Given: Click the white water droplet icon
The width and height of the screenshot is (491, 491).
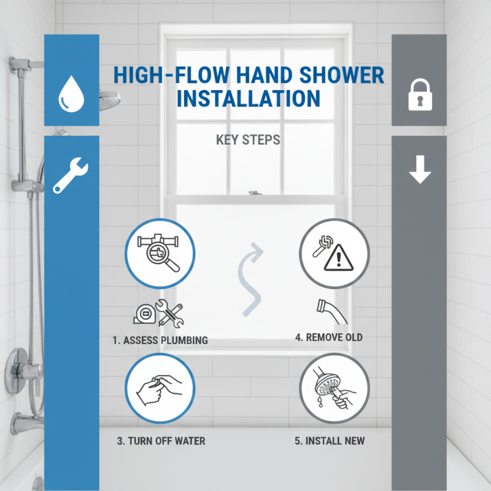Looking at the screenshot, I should coord(71,93).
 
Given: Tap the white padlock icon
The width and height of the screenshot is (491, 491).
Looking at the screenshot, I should coord(420,95).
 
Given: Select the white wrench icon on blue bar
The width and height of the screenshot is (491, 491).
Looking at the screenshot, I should coord(71,174).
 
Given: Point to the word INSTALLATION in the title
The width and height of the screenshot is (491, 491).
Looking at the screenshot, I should coord(249,98).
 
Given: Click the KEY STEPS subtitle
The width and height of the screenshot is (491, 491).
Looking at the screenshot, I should coord(248,140).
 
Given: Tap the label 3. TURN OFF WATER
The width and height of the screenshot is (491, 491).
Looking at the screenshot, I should coord(161,441).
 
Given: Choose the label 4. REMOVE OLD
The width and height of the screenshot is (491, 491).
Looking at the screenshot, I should coord(329,337).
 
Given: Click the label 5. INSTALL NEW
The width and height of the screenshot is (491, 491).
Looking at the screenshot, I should coord(330,441).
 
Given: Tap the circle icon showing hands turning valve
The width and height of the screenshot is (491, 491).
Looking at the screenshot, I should coord(160,388).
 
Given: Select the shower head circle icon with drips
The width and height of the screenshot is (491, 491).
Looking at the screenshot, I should coord(334,388).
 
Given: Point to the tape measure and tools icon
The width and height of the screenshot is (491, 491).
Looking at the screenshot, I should coord(158,313).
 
